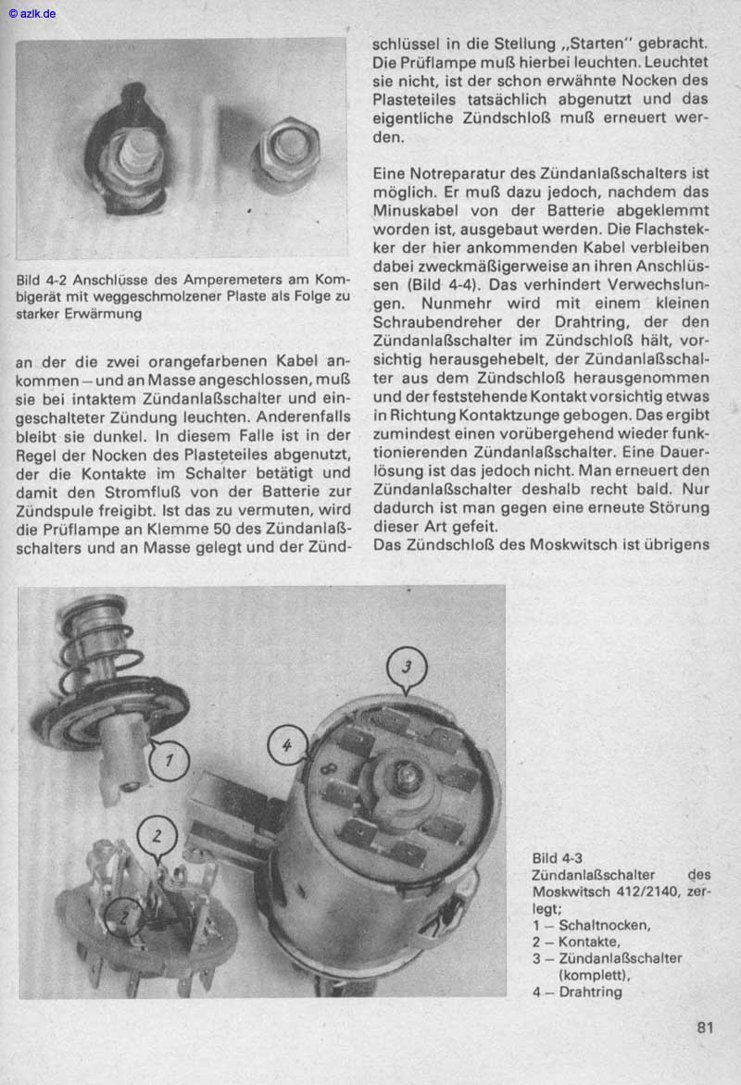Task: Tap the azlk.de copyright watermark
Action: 31,13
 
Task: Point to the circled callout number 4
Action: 288,743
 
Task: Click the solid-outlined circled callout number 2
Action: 157,835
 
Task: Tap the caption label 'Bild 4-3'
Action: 557,857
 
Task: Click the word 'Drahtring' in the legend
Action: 590,991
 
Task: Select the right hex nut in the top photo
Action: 287,151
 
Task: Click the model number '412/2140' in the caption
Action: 649,892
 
